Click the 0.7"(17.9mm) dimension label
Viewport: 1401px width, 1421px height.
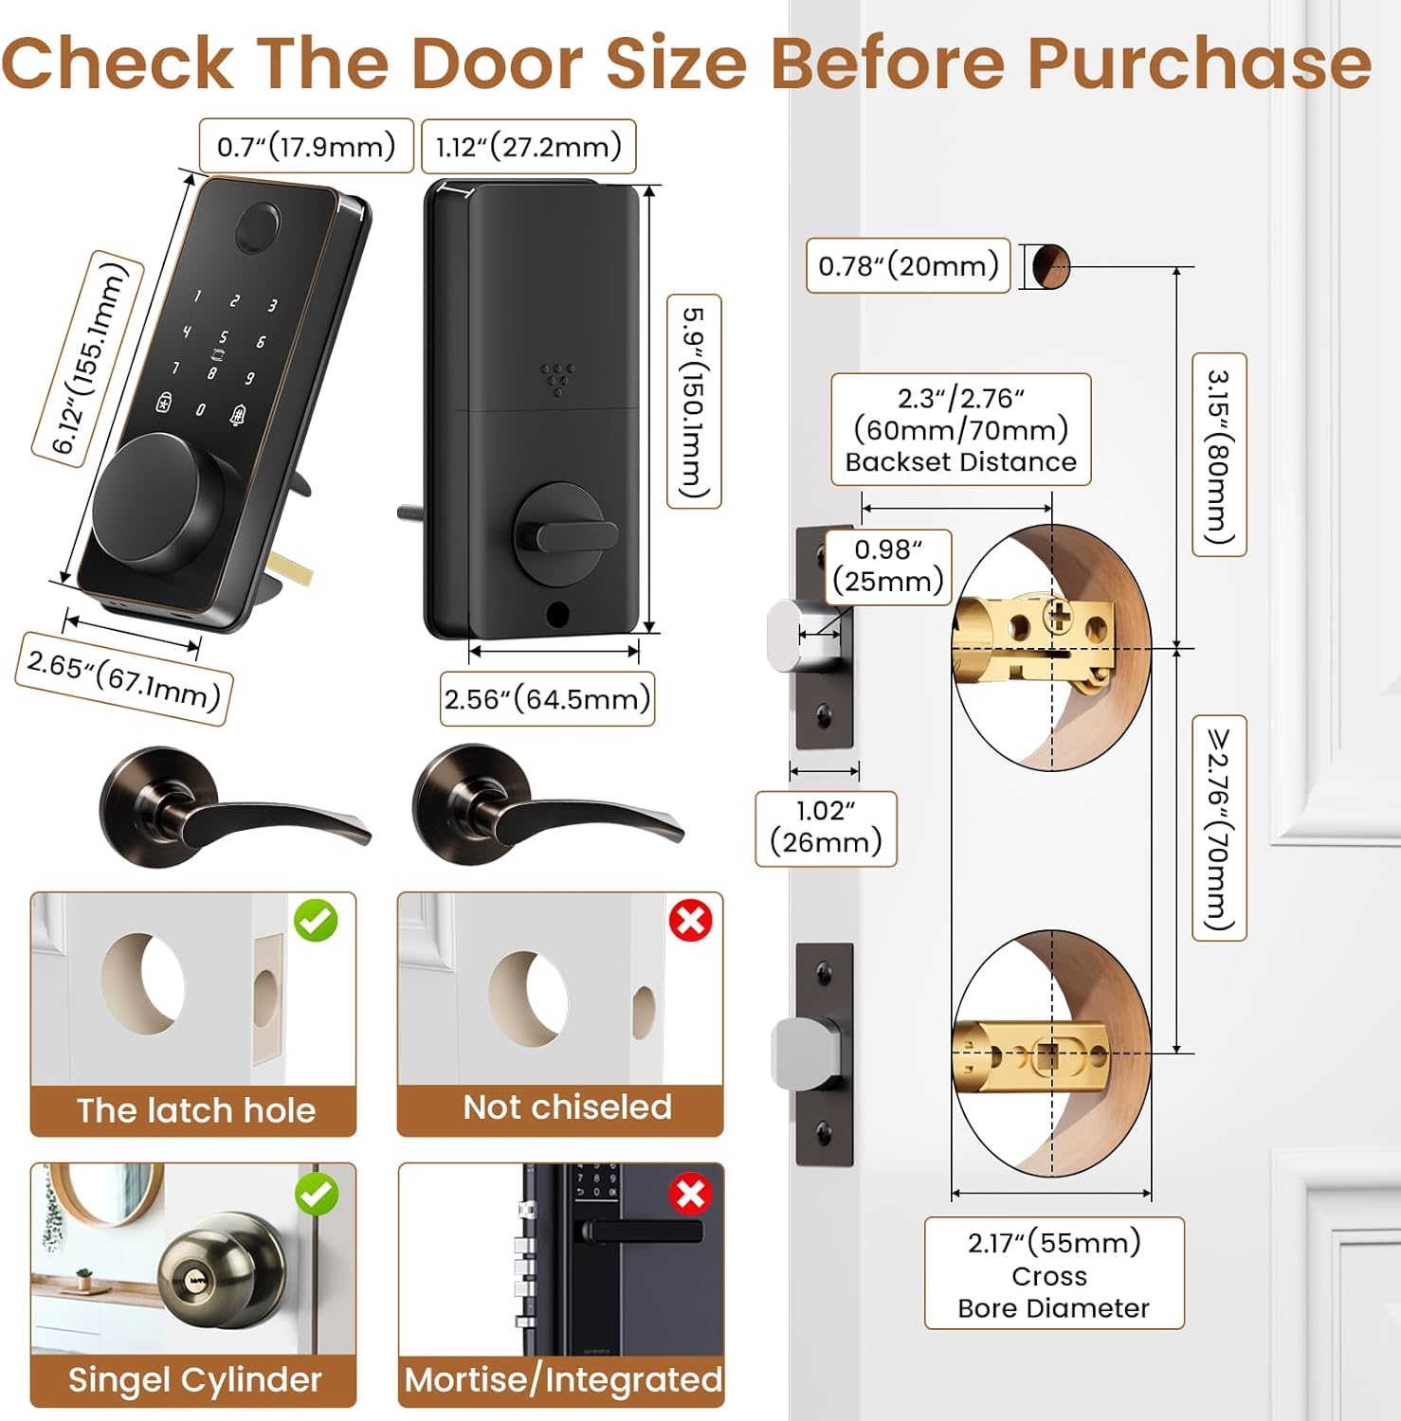306,146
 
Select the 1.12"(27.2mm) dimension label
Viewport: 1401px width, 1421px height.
528,147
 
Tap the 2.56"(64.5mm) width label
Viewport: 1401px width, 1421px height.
547,699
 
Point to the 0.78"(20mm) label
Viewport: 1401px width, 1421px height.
908,265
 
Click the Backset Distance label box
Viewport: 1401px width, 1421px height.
961,430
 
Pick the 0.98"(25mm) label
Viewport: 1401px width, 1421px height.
888,566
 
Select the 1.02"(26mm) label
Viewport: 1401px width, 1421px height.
826,827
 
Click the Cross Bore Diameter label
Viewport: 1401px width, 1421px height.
1054,1274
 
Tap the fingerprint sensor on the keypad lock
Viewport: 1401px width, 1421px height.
258,227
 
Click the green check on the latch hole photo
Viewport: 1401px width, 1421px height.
316,920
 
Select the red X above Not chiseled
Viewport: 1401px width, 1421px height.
691,920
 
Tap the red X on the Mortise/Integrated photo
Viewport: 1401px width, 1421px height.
691,1193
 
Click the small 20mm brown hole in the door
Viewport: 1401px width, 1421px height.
1050,266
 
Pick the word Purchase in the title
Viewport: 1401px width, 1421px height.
1199,63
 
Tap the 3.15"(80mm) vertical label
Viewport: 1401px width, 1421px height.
1219,455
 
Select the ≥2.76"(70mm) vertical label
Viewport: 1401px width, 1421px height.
1219,828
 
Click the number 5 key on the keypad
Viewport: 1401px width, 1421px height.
224,337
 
